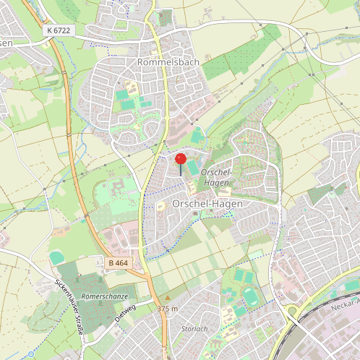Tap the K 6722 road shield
[59, 30]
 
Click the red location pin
[181, 160]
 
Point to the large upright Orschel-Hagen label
[207, 204]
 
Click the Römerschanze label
[105, 296]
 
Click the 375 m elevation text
[167, 309]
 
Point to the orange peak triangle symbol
[167, 297]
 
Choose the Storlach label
[194, 329]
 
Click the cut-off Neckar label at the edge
[346, 307]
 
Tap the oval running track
[251, 296]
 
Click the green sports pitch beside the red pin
[192, 168]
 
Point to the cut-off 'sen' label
[6, 43]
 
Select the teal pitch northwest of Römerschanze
[56, 257]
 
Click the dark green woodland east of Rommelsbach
[216, 67]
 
